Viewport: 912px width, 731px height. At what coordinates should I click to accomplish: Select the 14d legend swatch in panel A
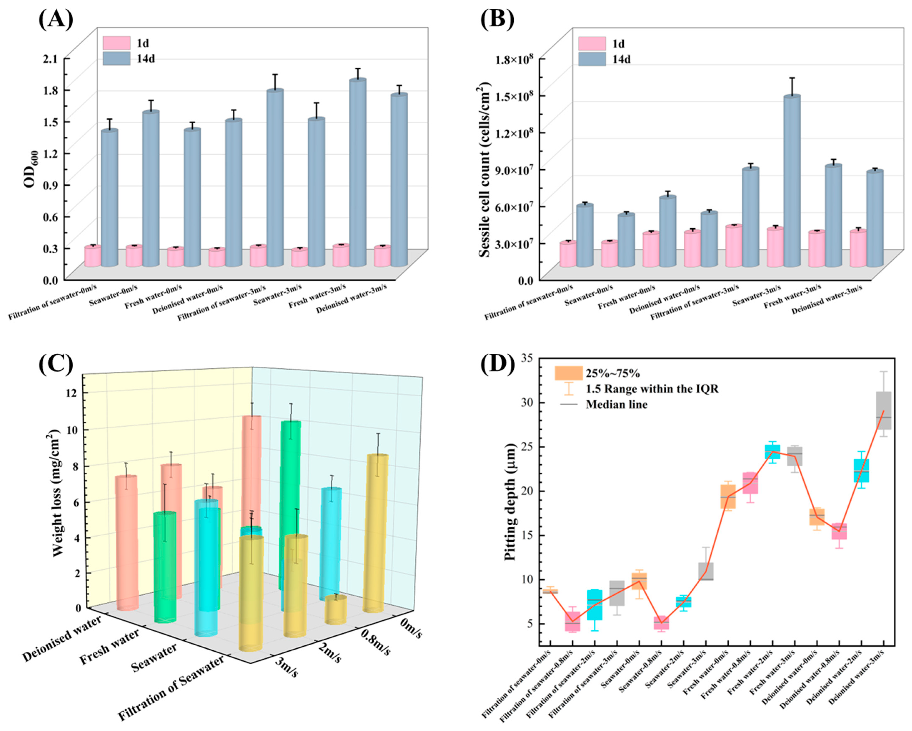pos(116,58)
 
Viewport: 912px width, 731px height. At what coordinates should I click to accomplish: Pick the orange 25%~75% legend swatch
pos(569,373)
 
